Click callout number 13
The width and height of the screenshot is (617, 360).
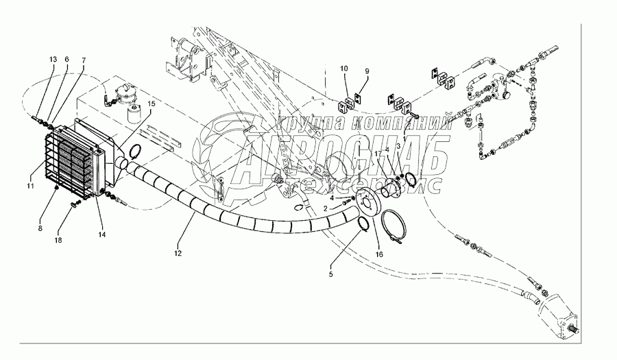click(x=53, y=60)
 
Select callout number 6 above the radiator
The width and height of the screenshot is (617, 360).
click(x=66, y=60)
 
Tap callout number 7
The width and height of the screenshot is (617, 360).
click(x=82, y=60)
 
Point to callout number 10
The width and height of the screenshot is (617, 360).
click(x=344, y=69)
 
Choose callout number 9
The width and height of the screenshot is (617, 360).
click(x=366, y=71)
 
